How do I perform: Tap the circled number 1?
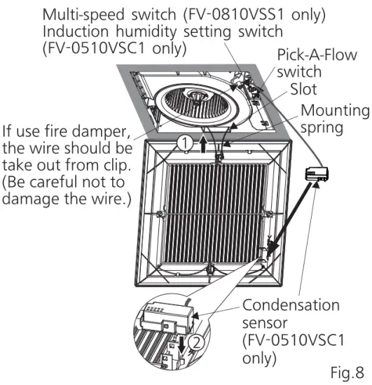coord(184,142)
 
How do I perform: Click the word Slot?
coord(305,90)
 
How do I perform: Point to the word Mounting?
coord(334,110)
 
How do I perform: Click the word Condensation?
coord(290,306)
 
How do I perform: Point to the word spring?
coord(319,127)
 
